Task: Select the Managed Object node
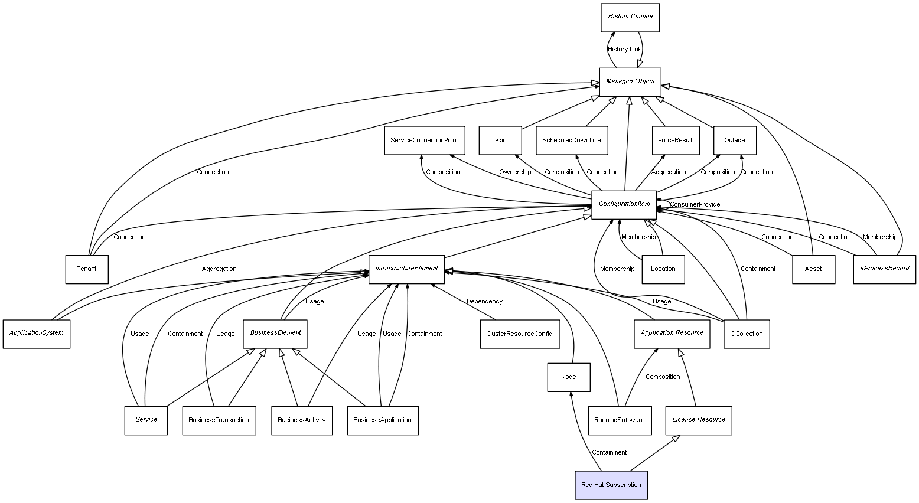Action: click(x=630, y=82)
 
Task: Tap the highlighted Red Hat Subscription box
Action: click(x=611, y=485)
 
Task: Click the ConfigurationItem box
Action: click(x=624, y=205)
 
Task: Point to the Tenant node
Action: click(x=87, y=269)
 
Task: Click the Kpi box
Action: click(x=500, y=141)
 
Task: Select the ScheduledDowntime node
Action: click(x=572, y=141)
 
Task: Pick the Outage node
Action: click(x=734, y=141)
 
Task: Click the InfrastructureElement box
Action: click(x=406, y=269)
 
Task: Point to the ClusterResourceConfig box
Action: click(x=519, y=334)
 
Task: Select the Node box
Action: click(x=568, y=377)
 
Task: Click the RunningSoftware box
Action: click(x=620, y=420)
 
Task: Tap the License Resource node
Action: click(x=698, y=420)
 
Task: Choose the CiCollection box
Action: click(x=746, y=334)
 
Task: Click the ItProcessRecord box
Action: click(x=884, y=269)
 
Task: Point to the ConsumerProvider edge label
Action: click(x=696, y=205)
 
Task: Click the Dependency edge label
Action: click(x=484, y=302)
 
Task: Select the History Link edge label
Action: click(x=624, y=50)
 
